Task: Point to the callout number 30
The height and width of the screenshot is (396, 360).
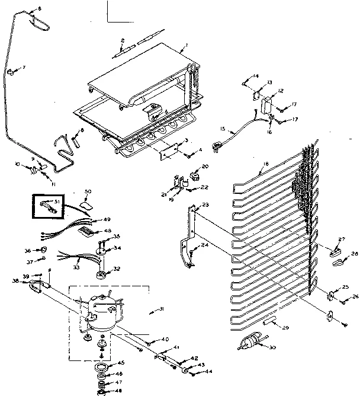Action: click(272, 348)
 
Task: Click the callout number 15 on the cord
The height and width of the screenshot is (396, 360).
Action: click(223, 129)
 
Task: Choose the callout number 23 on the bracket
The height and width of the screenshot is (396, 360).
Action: click(205, 205)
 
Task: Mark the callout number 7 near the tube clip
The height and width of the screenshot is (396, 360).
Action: click(24, 68)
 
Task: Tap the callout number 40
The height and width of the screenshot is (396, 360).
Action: click(165, 338)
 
